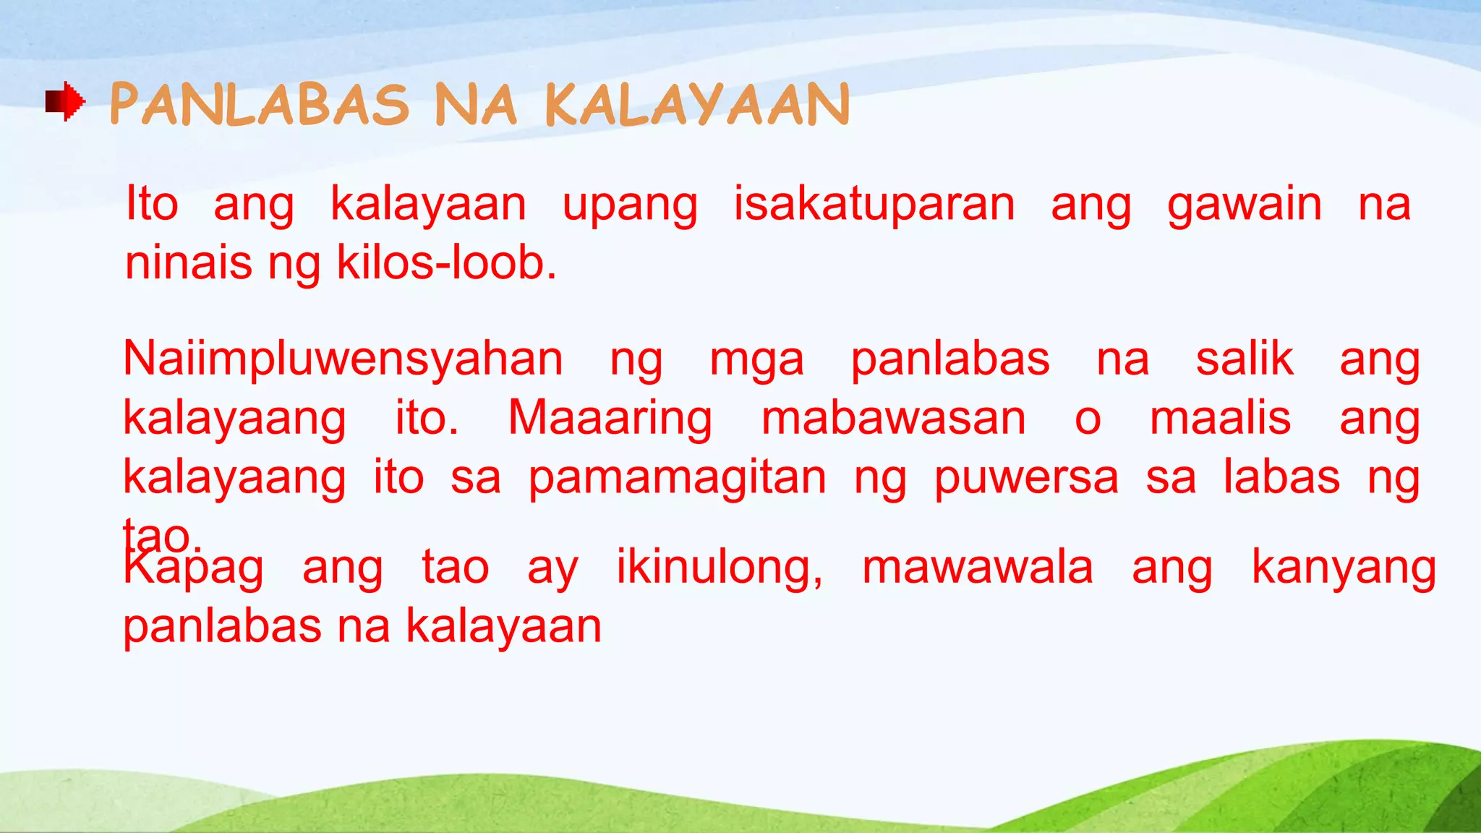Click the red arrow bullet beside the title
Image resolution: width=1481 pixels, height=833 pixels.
(x=65, y=101)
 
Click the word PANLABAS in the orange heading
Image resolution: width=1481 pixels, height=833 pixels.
(x=260, y=104)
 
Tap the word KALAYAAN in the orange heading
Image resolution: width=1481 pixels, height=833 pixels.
(x=697, y=104)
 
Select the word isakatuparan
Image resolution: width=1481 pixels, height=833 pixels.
(x=874, y=204)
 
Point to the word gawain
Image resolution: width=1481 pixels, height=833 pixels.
(x=1245, y=205)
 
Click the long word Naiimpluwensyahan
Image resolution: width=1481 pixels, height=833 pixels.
(x=343, y=359)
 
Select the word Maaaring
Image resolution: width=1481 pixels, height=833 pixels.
(x=610, y=419)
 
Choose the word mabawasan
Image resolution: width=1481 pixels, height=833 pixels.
(x=894, y=418)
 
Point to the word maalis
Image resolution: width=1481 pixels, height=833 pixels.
(x=1220, y=418)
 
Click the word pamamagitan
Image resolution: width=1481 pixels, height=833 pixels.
(x=677, y=479)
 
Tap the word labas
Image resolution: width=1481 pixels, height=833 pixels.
(x=1281, y=477)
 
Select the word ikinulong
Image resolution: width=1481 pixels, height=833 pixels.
(x=719, y=568)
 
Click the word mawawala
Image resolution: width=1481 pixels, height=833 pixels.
(x=978, y=567)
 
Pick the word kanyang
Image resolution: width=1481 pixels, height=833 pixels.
(x=1344, y=568)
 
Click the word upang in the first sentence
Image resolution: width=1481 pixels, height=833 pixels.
(x=630, y=205)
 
